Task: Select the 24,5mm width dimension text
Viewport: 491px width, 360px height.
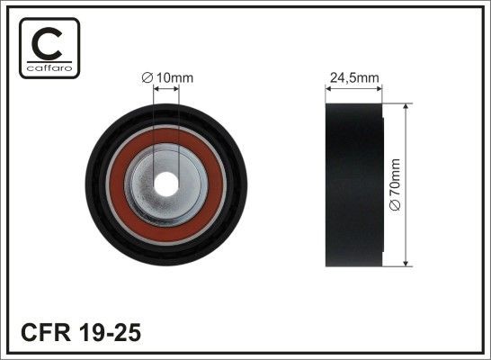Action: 353,78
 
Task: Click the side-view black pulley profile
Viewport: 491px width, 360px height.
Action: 354,184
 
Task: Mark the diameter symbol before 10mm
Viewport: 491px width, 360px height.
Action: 149,77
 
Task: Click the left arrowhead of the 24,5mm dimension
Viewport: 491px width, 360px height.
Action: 328,87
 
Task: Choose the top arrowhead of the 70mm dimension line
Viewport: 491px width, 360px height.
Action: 408,107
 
